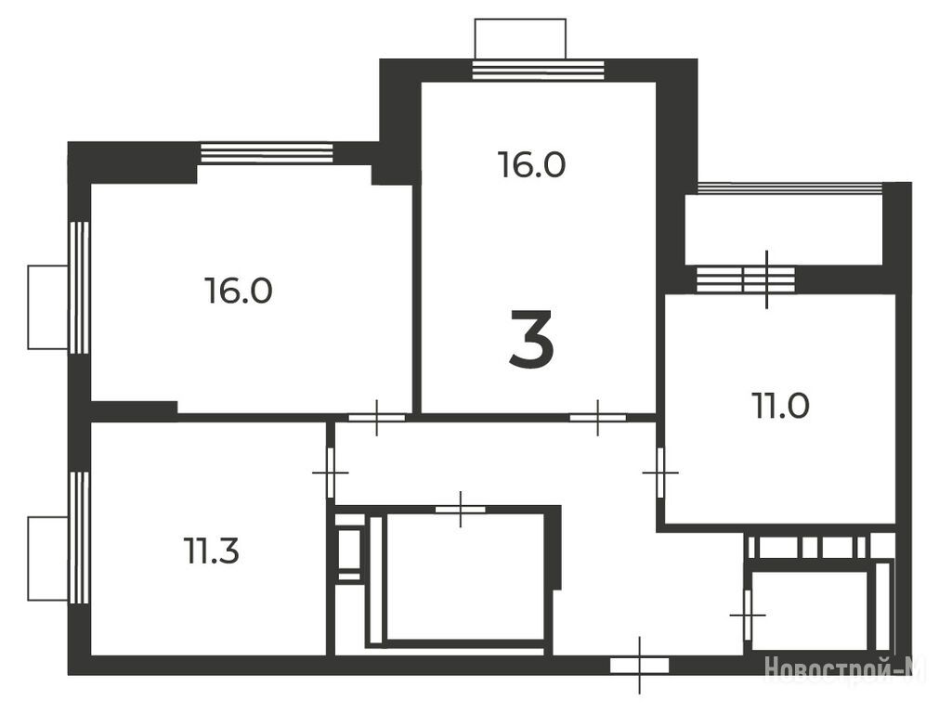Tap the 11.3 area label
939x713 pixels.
click(x=212, y=551)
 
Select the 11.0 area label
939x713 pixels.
click(x=780, y=406)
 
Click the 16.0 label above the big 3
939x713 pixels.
click(x=532, y=164)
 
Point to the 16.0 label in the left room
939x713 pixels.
click(x=239, y=291)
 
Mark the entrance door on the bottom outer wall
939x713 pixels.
click(x=639, y=665)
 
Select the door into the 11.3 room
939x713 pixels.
click(x=330, y=473)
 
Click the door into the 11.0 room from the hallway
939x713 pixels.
click(x=660, y=473)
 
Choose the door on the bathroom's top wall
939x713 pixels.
click(x=460, y=509)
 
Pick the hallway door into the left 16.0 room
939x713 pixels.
click(x=377, y=417)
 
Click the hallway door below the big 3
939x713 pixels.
click(x=597, y=417)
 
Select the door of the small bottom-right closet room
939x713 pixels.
click(x=748, y=615)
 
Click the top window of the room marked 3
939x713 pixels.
click(x=539, y=70)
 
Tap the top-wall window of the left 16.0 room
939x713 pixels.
click(x=267, y=152)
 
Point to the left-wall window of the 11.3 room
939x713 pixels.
click(x=79, y=538)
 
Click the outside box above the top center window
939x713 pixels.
click(x=520, y=39)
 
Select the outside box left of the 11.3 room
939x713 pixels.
click(x=48, y=559)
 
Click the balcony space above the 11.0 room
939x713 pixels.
click(x=784, y=229)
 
